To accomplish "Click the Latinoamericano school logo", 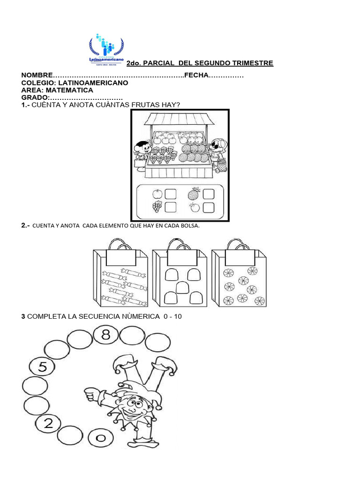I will (107, 49).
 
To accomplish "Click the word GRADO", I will (35, 97).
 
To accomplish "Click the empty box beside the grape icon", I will (171, 207).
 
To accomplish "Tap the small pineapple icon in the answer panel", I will (194, 193).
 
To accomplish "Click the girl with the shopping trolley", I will (217, 152).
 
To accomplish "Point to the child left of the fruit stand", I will (142, 152).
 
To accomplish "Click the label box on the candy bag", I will (121, 257).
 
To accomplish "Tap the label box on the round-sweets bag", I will (240, 257).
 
